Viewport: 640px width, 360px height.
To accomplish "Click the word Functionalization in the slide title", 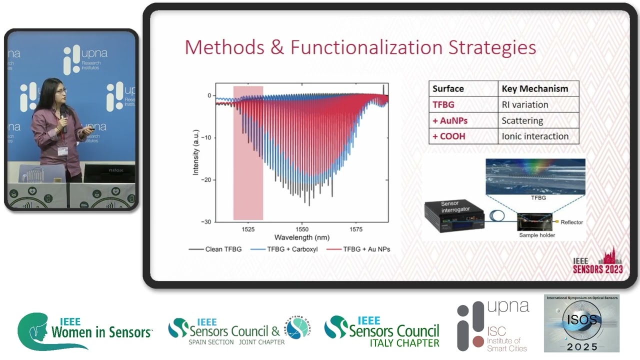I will [366, 47].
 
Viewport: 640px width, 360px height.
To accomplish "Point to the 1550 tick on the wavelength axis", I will [301, 228].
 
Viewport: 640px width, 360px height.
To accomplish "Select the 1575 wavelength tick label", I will [356, 228].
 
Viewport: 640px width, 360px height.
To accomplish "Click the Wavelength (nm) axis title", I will [301, 237].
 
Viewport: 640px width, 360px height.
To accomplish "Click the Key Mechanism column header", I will [535, 89].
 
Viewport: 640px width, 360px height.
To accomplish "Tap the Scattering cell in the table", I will [522, 120].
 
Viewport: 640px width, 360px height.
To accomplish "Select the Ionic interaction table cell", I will [535, 136].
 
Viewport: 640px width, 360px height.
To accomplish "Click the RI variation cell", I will [525, 105].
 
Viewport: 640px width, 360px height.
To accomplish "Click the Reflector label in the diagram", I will [571, 222].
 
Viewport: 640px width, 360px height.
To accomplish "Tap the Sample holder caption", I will [537, 235].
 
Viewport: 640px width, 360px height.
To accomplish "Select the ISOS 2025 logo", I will [581, 323].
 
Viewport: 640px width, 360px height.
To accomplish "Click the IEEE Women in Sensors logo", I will [85, 331].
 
